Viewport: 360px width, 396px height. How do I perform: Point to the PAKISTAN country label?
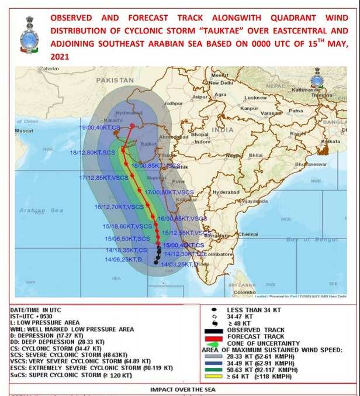pyautogui.click(x=116, y=80)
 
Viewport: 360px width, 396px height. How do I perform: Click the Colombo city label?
pyautogui.click(x=244, y=292)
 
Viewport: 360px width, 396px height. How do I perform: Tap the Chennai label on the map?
pyautogui.click(x=248, y=234)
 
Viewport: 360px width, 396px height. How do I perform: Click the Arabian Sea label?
pyautogui.click(x=40, y=209)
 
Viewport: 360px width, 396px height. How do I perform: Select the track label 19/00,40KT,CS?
pyautogui.click(x=100, y=127)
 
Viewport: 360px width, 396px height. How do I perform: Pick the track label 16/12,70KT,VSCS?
pyautogui.click(x=119, y=206)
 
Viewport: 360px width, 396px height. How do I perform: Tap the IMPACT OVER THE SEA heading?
pyautogui.click(x=180, y=389)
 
